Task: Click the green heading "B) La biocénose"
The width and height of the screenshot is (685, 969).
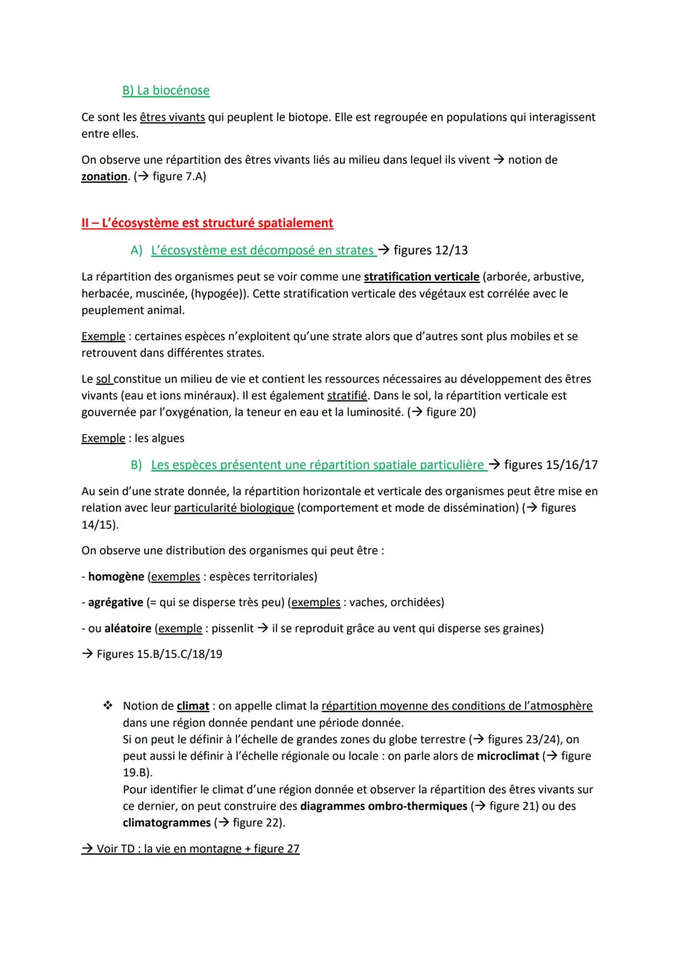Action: pos(166,90)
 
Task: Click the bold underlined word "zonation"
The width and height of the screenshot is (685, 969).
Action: pos(104,176)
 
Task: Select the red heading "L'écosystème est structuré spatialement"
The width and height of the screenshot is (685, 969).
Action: pos(217,223)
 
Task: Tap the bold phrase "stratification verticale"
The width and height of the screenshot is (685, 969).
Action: pos(421,277)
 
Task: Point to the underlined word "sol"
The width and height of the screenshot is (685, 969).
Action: pos(103,379)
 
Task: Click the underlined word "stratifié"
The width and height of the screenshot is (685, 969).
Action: pos(347,395)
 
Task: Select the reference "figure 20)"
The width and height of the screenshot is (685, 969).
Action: pos(451,412)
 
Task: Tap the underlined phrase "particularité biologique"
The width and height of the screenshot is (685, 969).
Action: pos(233,508)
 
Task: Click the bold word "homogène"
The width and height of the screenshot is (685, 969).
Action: pos(116,576)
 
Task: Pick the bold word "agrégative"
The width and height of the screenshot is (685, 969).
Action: pos(115,602)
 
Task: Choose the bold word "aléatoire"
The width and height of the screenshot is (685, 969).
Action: pos(127,628)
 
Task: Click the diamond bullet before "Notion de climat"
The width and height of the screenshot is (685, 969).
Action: pos(108,706)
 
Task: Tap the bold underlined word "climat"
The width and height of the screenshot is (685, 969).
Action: pos(193,706)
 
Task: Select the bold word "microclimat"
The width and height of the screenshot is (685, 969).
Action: pos(508,756)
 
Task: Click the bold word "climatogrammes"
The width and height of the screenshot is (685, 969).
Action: pos(167,822)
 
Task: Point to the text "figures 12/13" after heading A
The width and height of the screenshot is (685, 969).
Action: pos(431,250)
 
